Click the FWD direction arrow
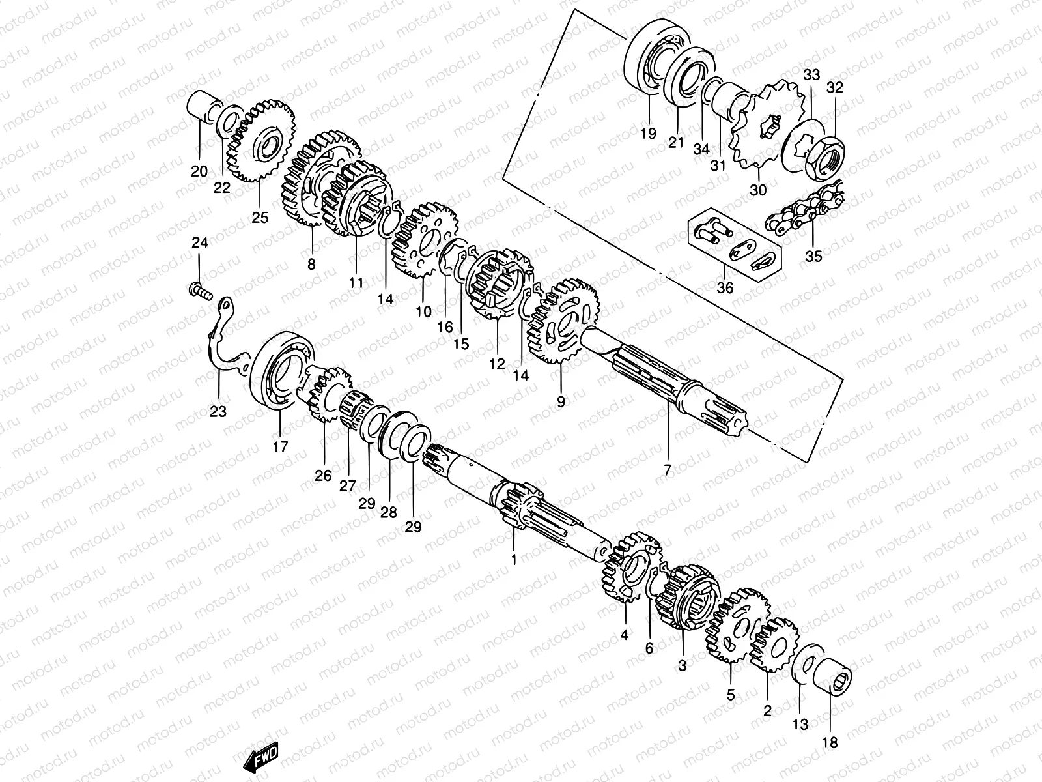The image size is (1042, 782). coord(260,757)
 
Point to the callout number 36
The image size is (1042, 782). coord(724,287)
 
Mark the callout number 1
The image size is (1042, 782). coord(513,559)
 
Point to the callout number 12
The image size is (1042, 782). coord(497,364)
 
